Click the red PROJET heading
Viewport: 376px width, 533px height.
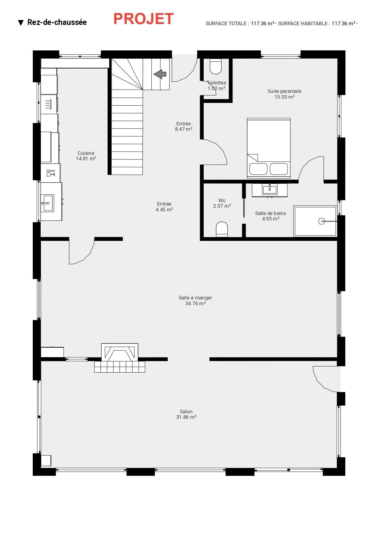[143, 19]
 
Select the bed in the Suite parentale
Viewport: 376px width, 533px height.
[269, 148]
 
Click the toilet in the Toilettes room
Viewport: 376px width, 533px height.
[216, 67]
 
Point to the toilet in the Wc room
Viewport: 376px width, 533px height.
[222, 229]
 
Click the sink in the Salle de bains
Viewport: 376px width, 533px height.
[270, 190]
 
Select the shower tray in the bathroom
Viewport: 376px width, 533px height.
[315, 221]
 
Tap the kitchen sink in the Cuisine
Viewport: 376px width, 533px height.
[47, 203]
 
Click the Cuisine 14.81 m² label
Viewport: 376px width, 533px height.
[86, 156]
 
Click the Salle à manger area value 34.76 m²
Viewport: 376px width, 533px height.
[196, 303]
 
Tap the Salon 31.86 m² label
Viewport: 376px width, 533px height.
[186, 414]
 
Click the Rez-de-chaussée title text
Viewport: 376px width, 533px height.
[57, 22]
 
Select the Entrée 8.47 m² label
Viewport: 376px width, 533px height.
[183, 126]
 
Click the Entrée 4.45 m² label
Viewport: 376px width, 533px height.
[164, 207]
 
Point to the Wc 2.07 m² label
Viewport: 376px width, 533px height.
[222, 203]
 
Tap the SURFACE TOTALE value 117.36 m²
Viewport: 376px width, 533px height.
[263, 23]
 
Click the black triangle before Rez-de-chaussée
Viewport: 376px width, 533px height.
[21, 23]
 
